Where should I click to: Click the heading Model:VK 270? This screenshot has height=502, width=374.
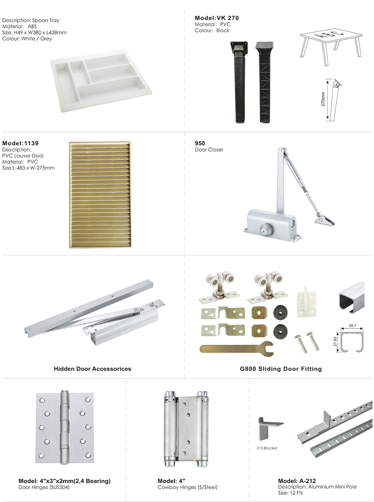click(216, 18)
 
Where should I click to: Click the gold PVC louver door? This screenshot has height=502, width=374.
click(100, 194)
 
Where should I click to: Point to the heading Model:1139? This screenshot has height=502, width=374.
click(21, 143)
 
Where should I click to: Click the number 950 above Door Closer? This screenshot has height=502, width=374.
click(200, 143)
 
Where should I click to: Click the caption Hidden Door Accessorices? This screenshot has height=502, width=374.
click(92, 369)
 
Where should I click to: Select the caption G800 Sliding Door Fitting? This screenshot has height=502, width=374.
click(281, 369)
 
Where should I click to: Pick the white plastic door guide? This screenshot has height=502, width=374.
click(306, 299)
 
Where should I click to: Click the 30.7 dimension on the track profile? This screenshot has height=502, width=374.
click(352, 326)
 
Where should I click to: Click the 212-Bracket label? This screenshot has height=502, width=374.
click(267, 448)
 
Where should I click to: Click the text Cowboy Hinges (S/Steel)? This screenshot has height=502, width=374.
click(187, 487)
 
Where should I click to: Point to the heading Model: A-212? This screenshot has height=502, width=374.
click(297, 481)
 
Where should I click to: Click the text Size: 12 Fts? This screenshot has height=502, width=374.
click(290, 493)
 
